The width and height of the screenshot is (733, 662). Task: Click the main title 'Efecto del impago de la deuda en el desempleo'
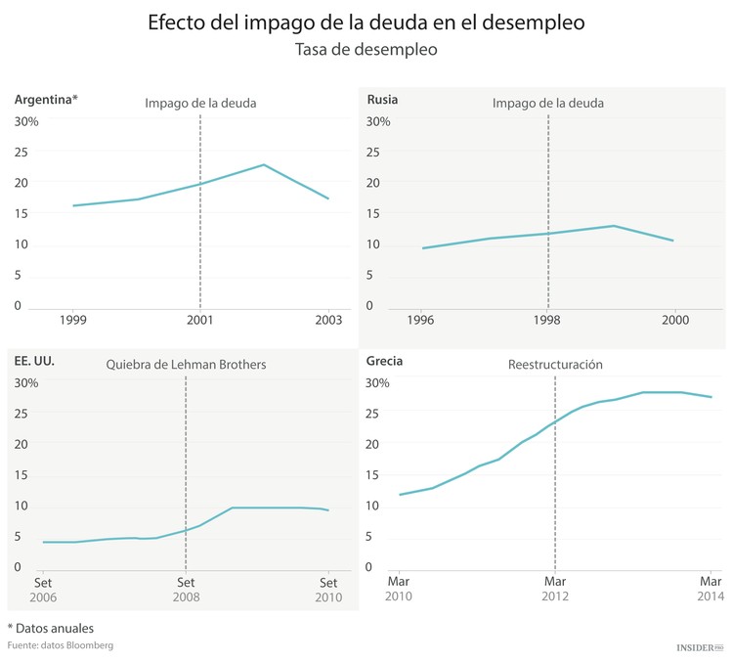[x=366, y=22]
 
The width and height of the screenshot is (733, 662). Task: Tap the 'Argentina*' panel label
[x=46, y=100]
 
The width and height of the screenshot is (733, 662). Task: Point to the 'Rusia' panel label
[x=382, y=100]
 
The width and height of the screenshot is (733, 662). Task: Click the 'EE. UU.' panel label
[x=34, y=361]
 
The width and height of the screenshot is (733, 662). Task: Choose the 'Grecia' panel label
[x=384, y=361]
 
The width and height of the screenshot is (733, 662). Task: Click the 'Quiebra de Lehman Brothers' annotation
[x=186, y=365]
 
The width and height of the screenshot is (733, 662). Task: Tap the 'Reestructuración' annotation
[x=554, y=365]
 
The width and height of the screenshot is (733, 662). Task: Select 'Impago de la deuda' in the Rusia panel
[x=547, y=103]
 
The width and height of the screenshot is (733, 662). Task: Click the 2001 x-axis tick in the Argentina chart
[x=200, y=319]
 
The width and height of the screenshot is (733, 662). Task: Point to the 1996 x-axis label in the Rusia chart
[x=420, y=319]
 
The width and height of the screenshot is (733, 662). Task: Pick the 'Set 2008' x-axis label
[x=186, y=588]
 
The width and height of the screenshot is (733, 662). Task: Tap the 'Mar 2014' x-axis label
[x=711, y=588]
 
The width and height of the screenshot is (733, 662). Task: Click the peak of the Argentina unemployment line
[x=264, y=164]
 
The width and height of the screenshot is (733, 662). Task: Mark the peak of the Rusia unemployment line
[x=613, y=226]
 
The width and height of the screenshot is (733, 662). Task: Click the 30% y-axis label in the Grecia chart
[x=377, y=382]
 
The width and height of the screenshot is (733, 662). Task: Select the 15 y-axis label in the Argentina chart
[x=22, y=213]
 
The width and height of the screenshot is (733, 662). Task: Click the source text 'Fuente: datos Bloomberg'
[x=61, y=645]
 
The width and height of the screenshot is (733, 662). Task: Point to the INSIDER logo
[x=700, y=646]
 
